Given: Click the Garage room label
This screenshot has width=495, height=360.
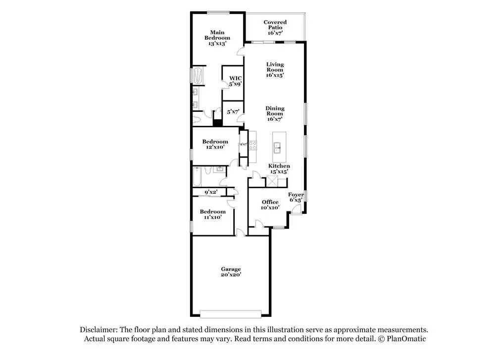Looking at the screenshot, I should pos(231,272).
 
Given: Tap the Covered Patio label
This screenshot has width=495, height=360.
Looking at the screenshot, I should pos(275,27).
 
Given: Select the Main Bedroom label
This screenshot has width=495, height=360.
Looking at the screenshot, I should pos(218,38).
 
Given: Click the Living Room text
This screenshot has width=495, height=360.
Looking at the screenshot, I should pos(275,70).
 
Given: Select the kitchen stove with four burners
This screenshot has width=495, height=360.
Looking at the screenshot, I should pos(252,145).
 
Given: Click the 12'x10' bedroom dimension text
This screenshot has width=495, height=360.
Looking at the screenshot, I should pos(215,147).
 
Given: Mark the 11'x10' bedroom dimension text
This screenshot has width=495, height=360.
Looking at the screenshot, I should pos(213,217).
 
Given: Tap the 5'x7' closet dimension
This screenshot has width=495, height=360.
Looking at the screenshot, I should pos(233,112).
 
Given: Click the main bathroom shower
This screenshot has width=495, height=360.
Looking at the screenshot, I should pos(198,75).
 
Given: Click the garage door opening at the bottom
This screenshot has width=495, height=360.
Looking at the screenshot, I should pos(230,313).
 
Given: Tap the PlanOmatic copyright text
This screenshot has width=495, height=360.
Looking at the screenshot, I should pos(401,339).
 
